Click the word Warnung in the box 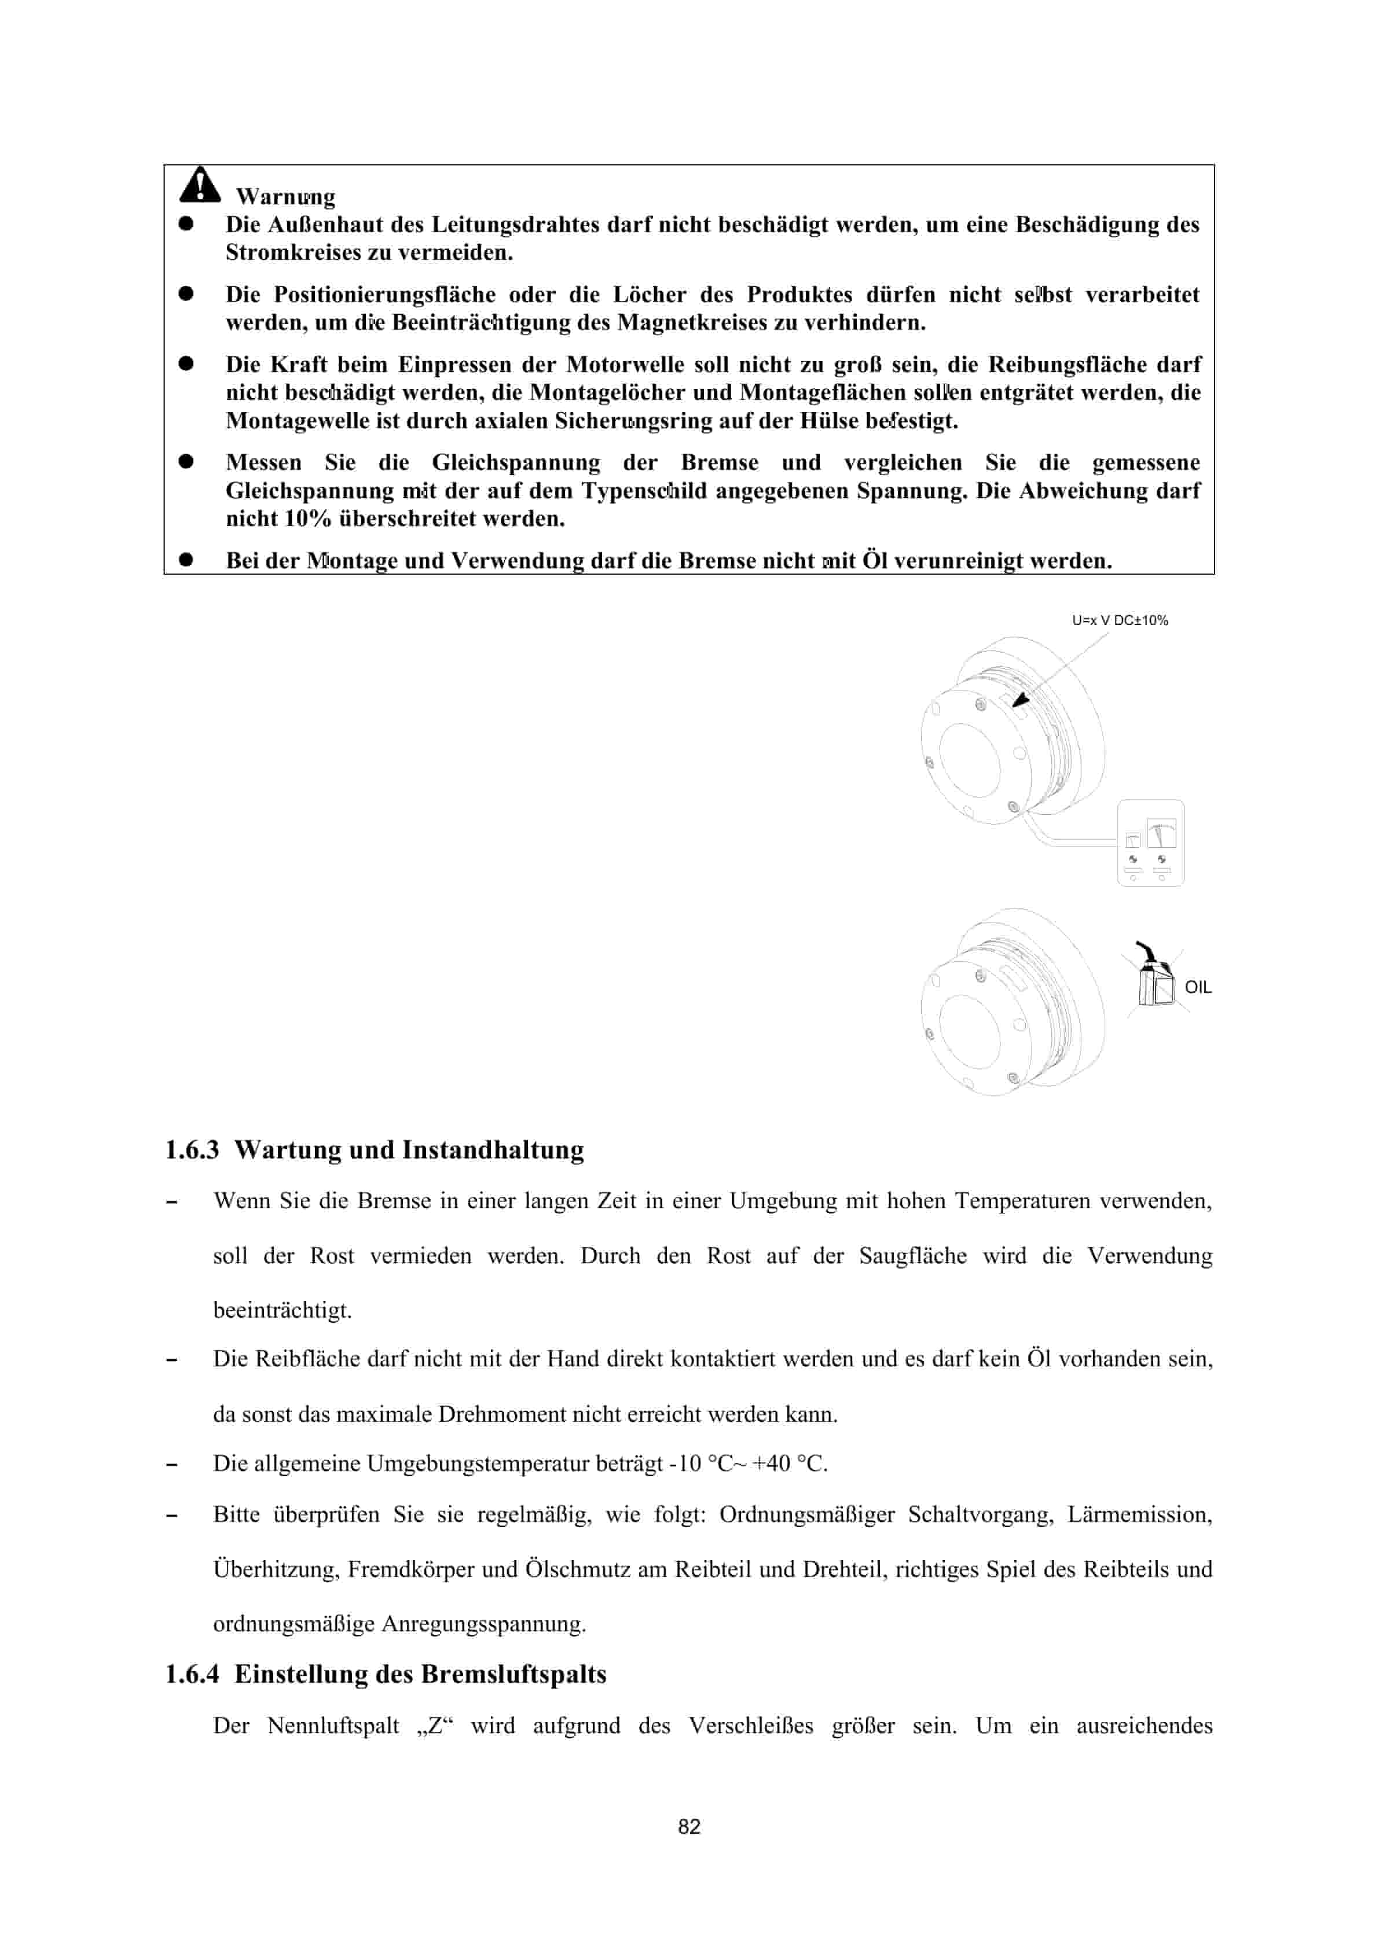pyautogui.click(x=285, y=197)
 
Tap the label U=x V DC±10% pyautogui.click(x=1119, y=620)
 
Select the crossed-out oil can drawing pyautogui.click(x=1156, y=980)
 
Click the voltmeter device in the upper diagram pyautogui.click(x=1150, y=843)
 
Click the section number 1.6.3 pyautogui.click(x=192, y=1150)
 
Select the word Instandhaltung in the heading pyautogui.click(x=493, y=1150)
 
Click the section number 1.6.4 pyautogui.click(x=192, y=1674)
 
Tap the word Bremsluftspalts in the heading pyautogui.click(x=513, y=1674)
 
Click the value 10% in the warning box pyautogui.click(x=307, y=518)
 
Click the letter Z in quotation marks pyautogui.click(x=435, y=1726)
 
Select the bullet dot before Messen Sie pyautogui.click(x=186, y=462)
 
